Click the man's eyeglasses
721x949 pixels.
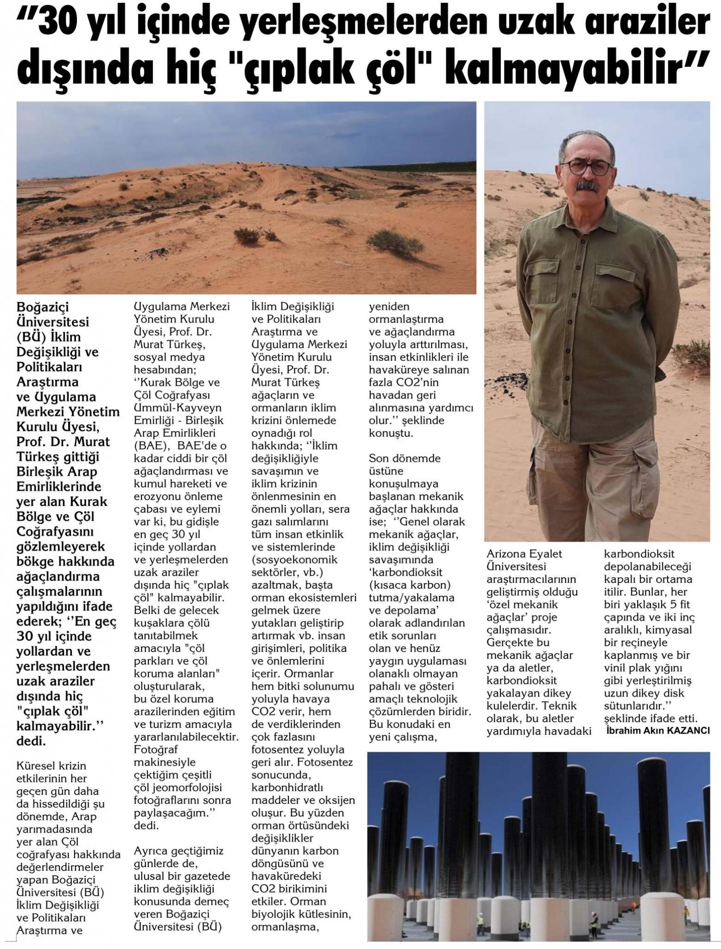pyautogui.click(x=588, y=167)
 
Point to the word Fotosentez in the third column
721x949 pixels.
pyautogui.click(x=325, y=762)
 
